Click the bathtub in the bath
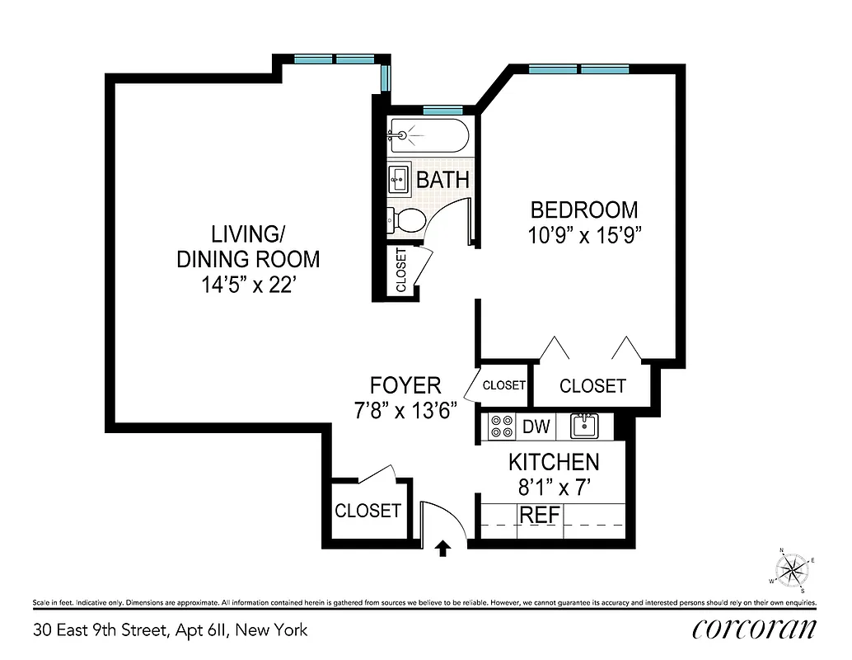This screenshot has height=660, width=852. [428, 134]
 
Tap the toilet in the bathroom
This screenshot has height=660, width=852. [408, 220]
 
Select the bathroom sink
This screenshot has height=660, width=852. [399, 177]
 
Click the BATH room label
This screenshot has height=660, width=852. [442, 179]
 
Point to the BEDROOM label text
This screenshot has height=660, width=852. [583, 210]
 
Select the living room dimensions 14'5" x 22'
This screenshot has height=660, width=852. [248, 285]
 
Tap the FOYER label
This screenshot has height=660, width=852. [405, 384]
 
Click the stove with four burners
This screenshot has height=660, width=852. [502, 427]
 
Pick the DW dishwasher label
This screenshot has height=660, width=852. [536, 427]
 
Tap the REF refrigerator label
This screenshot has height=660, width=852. [539, 515]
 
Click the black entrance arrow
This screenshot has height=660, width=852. [443, 548]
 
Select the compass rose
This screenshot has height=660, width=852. [793, 568]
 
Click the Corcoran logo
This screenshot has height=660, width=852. [754, 629]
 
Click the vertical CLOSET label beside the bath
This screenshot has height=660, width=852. [401, 270]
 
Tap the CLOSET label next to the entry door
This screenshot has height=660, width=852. [367, 511]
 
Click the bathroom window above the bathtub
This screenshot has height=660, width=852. [442, 111]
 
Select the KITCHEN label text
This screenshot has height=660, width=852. [553, 462]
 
